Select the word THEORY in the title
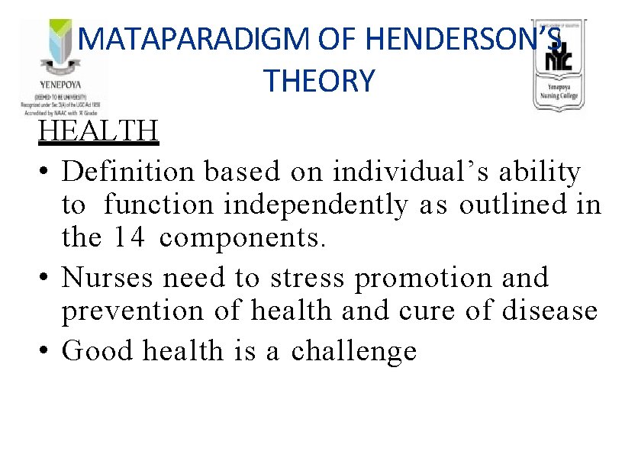click(319, 80)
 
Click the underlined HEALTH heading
click(98, 131)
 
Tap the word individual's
click(405, 173)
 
